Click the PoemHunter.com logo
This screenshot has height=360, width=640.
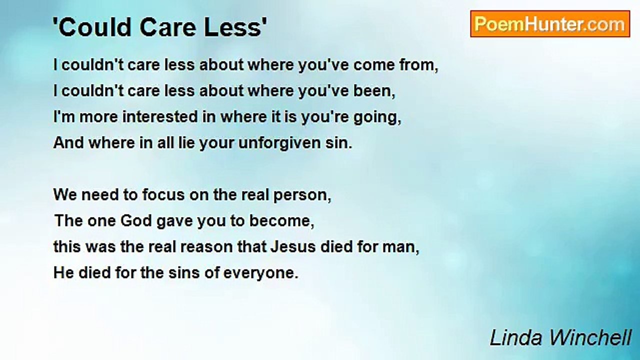(549, 23)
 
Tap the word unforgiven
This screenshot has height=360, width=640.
(280, 143)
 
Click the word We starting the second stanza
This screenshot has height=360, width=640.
(64, 195)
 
